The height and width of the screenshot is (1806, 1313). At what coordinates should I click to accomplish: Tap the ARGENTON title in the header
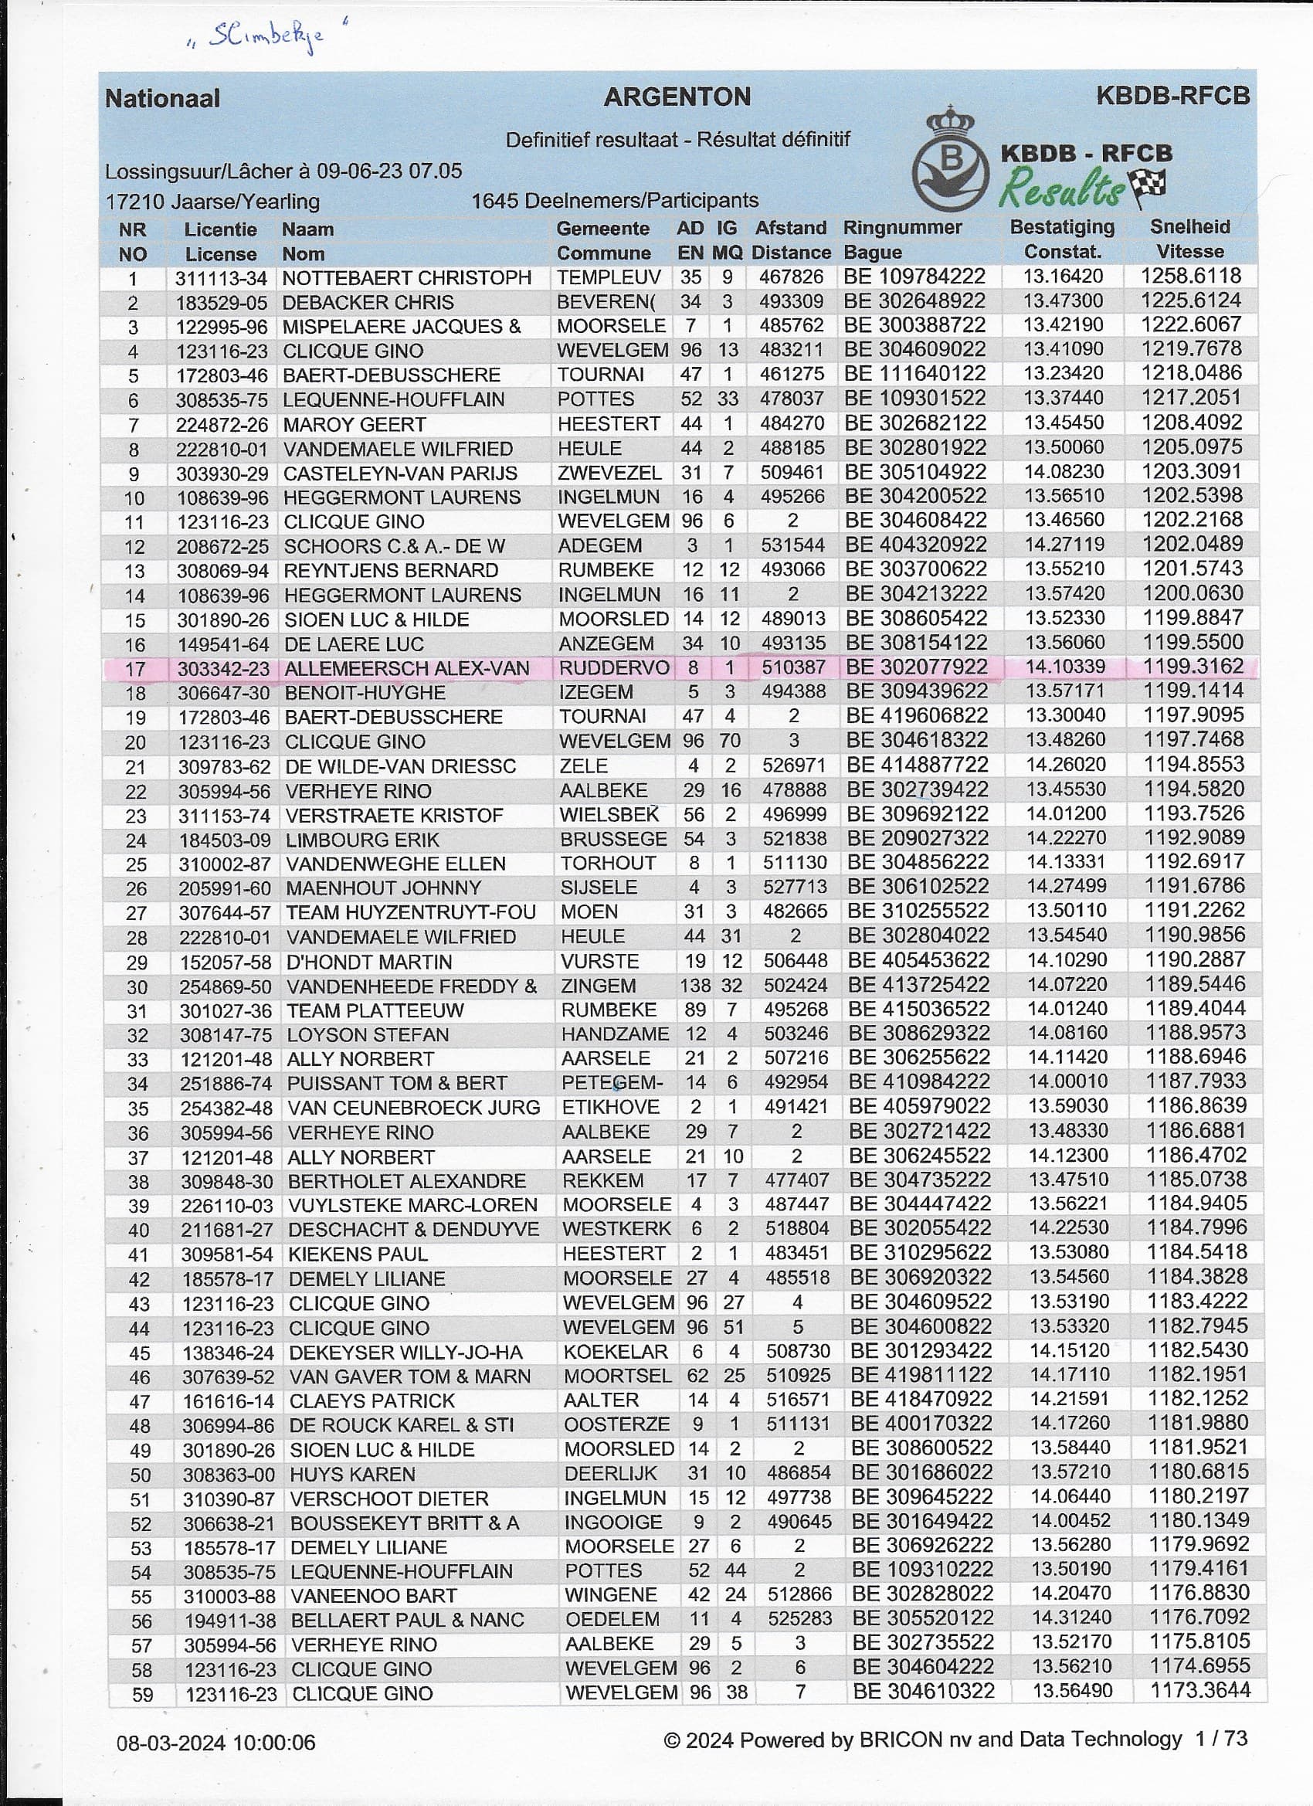click(677, 97)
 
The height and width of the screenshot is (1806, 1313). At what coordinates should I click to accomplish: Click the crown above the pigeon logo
click(950, 124)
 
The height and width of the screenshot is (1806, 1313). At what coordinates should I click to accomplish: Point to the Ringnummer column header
click(902, 228)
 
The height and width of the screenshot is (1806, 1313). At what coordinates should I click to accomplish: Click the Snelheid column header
click(1189, 227)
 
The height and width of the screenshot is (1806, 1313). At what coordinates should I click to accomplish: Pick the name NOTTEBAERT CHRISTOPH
click(406, 278)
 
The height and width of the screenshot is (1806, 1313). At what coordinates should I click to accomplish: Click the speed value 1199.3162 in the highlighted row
click(1193, 667)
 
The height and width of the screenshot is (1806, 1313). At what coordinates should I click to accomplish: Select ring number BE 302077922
click(916, 667)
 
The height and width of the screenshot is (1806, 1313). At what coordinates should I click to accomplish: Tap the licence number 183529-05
click(221, 303)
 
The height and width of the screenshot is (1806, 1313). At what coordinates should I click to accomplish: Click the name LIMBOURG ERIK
click(363, 840)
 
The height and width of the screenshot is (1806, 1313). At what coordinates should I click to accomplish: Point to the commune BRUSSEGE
click(613, 840)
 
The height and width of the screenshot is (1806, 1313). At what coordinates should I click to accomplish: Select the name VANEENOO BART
click(374, 1596)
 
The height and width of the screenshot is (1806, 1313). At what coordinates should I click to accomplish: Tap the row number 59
click(142, 1694)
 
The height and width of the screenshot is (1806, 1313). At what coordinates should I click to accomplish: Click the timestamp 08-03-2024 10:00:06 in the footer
click(215, 1743)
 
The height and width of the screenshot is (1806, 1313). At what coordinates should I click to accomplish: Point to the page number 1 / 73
click(1220, 1739)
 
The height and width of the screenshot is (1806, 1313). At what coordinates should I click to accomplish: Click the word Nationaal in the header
click(162, 99)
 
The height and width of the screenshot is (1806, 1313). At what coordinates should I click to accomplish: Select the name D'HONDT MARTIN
click(368, 962)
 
